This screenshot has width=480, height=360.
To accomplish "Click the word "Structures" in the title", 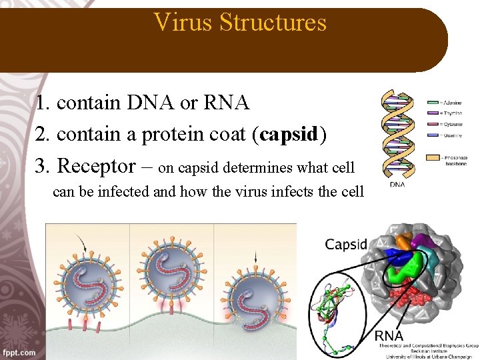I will [x=273, y=22].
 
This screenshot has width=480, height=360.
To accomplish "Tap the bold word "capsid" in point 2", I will [x=291, y=134].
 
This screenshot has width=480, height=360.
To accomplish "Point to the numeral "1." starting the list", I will [x=44, y=103].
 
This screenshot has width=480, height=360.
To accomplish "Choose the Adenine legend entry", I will [x=445, y=102].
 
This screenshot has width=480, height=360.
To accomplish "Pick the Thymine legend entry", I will [x=445, y=113].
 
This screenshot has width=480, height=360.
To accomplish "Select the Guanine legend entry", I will [x=445, y=135].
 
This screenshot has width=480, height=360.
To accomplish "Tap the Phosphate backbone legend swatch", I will [x=433, y=157].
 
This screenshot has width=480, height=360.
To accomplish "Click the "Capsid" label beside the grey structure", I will [x=346, y=244].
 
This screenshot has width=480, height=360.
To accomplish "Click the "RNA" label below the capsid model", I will [x=389, y=335].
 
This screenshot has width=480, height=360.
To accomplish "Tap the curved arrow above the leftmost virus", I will [x=82, y=243].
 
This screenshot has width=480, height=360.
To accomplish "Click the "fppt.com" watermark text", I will [x=19, y=352].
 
